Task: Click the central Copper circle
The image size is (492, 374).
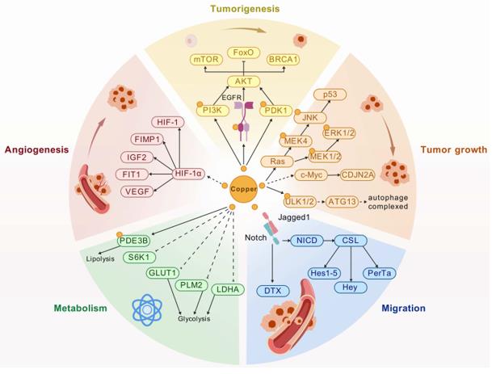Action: pyautogui.click(x=245, y=188)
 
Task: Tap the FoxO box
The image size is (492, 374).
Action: pyautogui.click(x=245, y=53)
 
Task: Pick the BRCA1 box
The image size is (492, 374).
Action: pyautogui.click(x=286, y=59)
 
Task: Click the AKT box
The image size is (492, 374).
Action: pyautogui.click(x=245, y=82)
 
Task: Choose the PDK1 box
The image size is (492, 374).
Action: pyautogui.click(x=275, y=109)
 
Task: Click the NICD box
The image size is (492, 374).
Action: pyautogui.click(x=305, y=240)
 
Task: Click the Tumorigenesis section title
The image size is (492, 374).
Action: pyautogui.click(x=245, y=9)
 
